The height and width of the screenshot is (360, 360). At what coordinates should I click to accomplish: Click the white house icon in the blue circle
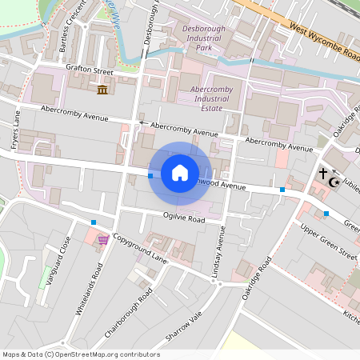tap(180, 173)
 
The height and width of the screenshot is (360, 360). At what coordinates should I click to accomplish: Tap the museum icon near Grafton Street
tap(103, 88)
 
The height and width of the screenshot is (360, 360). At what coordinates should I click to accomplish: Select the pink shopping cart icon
tap(103, 239)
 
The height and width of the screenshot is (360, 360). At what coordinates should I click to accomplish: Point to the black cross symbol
tap(323, 174)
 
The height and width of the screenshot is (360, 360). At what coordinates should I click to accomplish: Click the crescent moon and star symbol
tap(336, 182)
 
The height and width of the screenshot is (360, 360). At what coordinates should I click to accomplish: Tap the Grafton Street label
tap(90, 71)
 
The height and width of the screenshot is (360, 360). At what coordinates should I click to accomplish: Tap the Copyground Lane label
tap(140, 250)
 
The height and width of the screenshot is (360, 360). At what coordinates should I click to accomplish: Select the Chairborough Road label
tap(128, 313)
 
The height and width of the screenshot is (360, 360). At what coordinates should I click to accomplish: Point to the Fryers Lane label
tap(16, 130)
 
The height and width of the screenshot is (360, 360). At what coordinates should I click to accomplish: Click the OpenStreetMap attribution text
tap(81, 354)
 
